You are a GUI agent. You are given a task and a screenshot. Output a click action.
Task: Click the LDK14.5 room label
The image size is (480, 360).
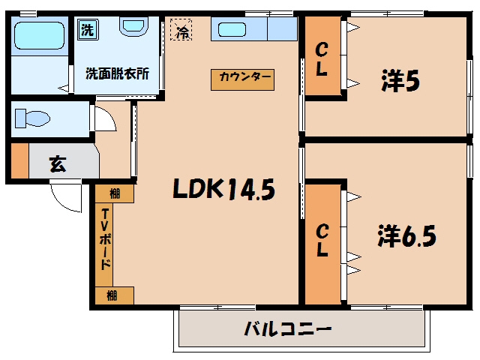coord(224,189)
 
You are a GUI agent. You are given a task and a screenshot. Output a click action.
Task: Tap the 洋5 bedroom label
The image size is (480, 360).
coord(400,81)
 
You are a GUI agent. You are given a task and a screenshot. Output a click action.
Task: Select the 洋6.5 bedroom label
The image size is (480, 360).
coord(406,235)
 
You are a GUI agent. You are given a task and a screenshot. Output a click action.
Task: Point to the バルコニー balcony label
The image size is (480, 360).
coord(288,329)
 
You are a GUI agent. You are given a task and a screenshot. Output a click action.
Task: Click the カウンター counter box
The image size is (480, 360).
coord(242,80)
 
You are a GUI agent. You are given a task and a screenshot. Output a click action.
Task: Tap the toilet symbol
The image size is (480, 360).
coord(32,118)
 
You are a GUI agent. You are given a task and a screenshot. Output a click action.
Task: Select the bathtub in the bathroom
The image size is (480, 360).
coord(40,35)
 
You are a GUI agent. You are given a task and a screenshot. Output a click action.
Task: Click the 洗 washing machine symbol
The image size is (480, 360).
coord(88,29)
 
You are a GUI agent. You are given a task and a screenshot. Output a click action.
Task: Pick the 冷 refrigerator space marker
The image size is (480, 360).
coord(181,30)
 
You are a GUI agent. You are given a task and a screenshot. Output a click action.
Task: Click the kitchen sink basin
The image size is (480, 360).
coord(232,30)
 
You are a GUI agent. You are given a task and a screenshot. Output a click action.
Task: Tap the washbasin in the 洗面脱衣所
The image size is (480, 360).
coord(133,26)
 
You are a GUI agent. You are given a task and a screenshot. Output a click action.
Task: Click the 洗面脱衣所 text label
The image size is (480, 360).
coord(117,73)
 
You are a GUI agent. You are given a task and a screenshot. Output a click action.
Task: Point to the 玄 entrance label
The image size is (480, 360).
coord(58,163)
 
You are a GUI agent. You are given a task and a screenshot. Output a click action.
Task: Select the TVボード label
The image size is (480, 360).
coord(105,239)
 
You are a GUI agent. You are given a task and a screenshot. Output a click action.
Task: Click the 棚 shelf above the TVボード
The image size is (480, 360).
coord(115,193)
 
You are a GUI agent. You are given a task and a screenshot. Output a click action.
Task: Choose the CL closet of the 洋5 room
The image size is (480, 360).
coord(323,55)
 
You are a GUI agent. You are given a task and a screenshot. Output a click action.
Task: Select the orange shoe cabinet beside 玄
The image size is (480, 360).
coord(20,160)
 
